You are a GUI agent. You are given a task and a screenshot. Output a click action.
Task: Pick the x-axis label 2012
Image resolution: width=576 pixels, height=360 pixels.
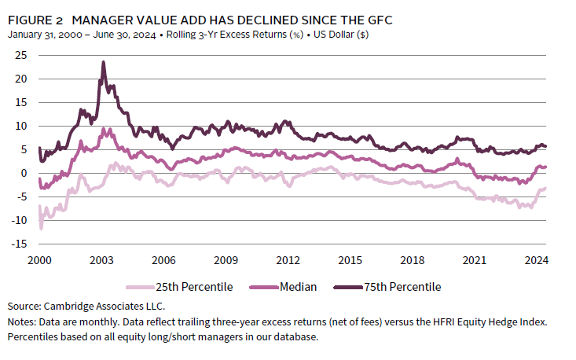pyautogui.click(x=288, y=260)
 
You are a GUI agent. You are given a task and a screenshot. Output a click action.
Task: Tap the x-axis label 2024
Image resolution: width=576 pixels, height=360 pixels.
pyautogui.click(x=537, y=260)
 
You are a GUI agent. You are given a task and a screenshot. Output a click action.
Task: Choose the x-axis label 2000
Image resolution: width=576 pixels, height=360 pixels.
pyautogui.click(x=40, y=260)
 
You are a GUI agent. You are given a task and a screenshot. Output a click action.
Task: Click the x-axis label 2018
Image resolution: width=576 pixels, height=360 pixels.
pyautogui.click(x=413, y=260)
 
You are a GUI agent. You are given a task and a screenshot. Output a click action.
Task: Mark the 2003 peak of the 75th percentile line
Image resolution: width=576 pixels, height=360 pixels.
pyautogui.click(x=103, y=62)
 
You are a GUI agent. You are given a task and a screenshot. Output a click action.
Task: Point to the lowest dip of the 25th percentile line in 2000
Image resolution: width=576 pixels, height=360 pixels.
pyautogui.click(x=41, y=228)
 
